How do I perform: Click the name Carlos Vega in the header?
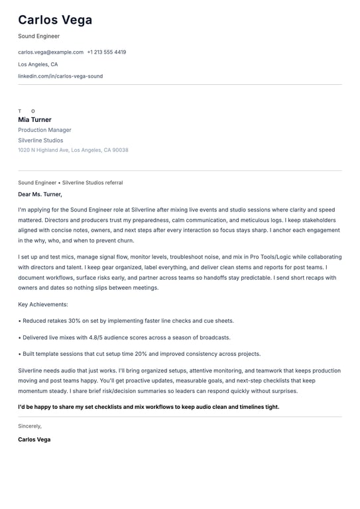pos(55,20)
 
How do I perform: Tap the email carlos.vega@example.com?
pos(50,52)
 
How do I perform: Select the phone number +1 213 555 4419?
pos(106,52)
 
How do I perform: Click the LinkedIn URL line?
pos(60,76)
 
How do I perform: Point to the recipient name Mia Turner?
pos(34,120)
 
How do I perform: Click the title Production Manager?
pos(44,131)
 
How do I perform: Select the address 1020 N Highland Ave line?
pos(73,150)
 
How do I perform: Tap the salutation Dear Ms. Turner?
pos(40,194)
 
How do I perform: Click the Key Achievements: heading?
pos(43,304)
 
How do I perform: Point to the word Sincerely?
pos(30,426)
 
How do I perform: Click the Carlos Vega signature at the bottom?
pos(34,439)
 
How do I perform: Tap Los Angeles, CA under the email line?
pos(38,64)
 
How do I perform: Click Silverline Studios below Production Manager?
pos(40,141)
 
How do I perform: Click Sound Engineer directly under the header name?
pos(38,36)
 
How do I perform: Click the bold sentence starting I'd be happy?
pos(149,407)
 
